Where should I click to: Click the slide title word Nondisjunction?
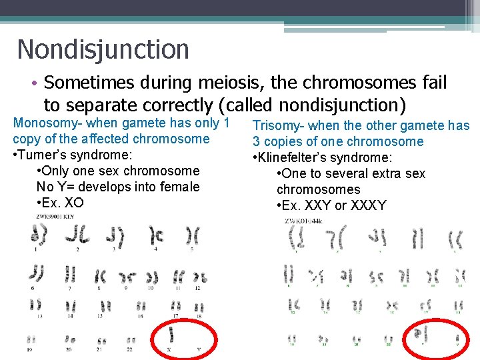[x=103, y=49]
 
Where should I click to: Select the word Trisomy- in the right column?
[x=283, y=125]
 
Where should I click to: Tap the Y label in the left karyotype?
[x=198, y=349]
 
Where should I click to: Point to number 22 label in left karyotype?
[x=130, y=349]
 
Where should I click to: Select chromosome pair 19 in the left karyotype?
[x=31, y=339]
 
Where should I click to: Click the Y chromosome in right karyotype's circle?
[x=457, y=339]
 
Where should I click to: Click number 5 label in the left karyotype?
[x=192, y=249]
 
